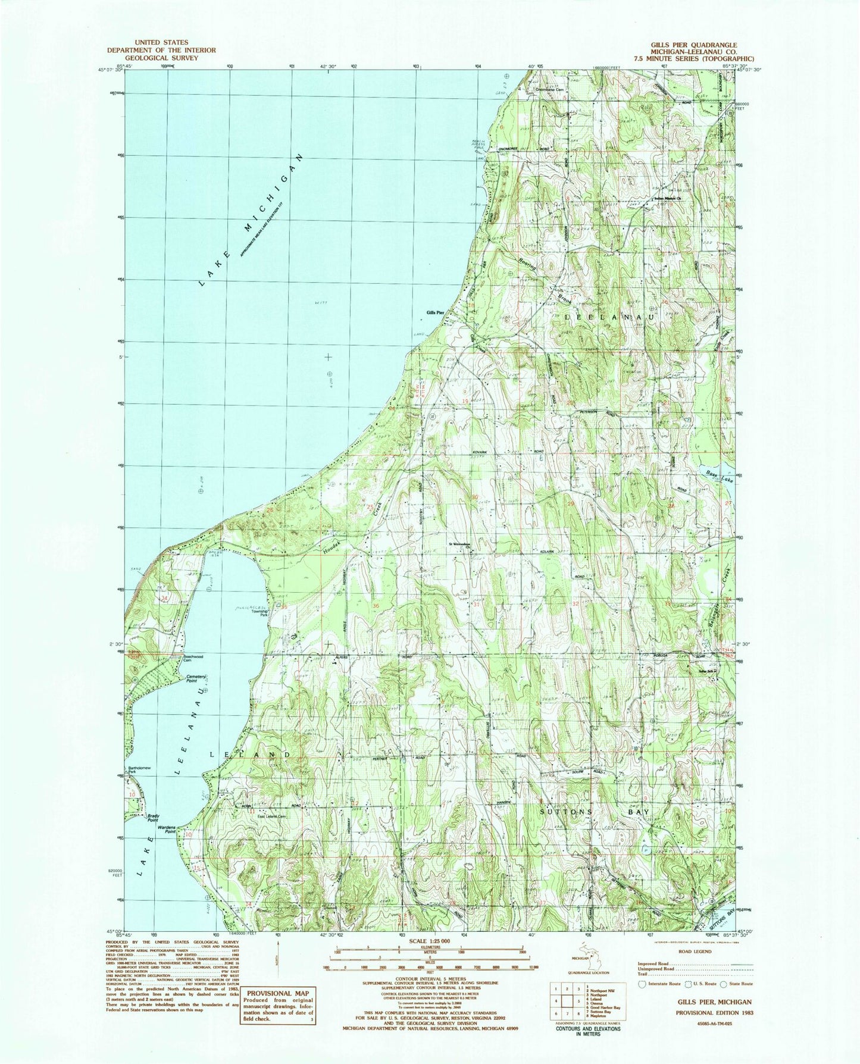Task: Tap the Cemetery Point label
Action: click(196, 678)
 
